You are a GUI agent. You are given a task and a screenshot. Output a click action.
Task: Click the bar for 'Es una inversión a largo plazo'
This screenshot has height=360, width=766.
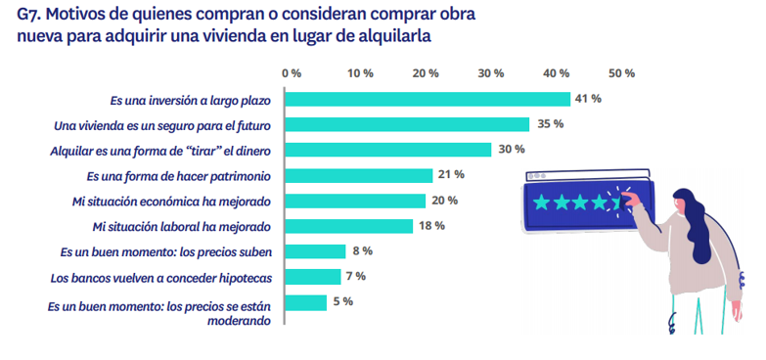pyautogui.click(x=429, y=99)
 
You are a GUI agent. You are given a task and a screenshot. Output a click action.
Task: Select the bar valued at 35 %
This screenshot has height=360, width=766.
pyautogui.click(x=410, y=124)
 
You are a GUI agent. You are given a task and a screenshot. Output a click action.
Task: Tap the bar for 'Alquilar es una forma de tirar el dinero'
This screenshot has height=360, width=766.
pyautogui.click(x=390, y=150)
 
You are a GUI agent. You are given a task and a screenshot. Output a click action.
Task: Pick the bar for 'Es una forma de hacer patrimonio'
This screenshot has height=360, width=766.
pyautogui.click(x=361, y=175)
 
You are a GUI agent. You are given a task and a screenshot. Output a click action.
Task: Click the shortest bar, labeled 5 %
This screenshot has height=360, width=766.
pyautogui.click(x=308, y=302)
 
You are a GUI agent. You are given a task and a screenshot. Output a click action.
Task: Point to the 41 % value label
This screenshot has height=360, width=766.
pyautogui.click(x=588, y=99)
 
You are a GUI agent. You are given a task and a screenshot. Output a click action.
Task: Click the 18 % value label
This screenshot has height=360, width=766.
pyautogui.click(x=431, y=226)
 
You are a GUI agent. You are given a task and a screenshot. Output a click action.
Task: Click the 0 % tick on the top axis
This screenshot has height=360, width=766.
pyautogui.click(x=291, y=73)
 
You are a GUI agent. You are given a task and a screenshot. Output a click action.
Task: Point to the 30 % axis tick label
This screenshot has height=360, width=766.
pyautogui.click(x=490, y=73)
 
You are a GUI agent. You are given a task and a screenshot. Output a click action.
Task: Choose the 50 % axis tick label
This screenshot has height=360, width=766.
pyautogui.click(x=622, y=73)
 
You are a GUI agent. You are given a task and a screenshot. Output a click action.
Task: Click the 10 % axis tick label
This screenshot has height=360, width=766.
pyautogui.click(x=360, y=73)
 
